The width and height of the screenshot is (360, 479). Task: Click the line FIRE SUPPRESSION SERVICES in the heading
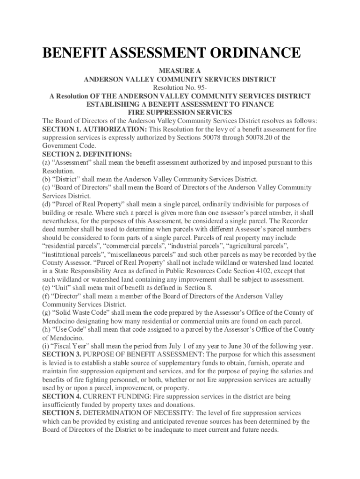click(180, 113)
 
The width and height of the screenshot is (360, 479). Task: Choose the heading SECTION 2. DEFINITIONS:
click(87, 154)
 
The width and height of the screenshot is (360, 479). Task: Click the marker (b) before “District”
click(46, 180)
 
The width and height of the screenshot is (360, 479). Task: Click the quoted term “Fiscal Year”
click(68, 346)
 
